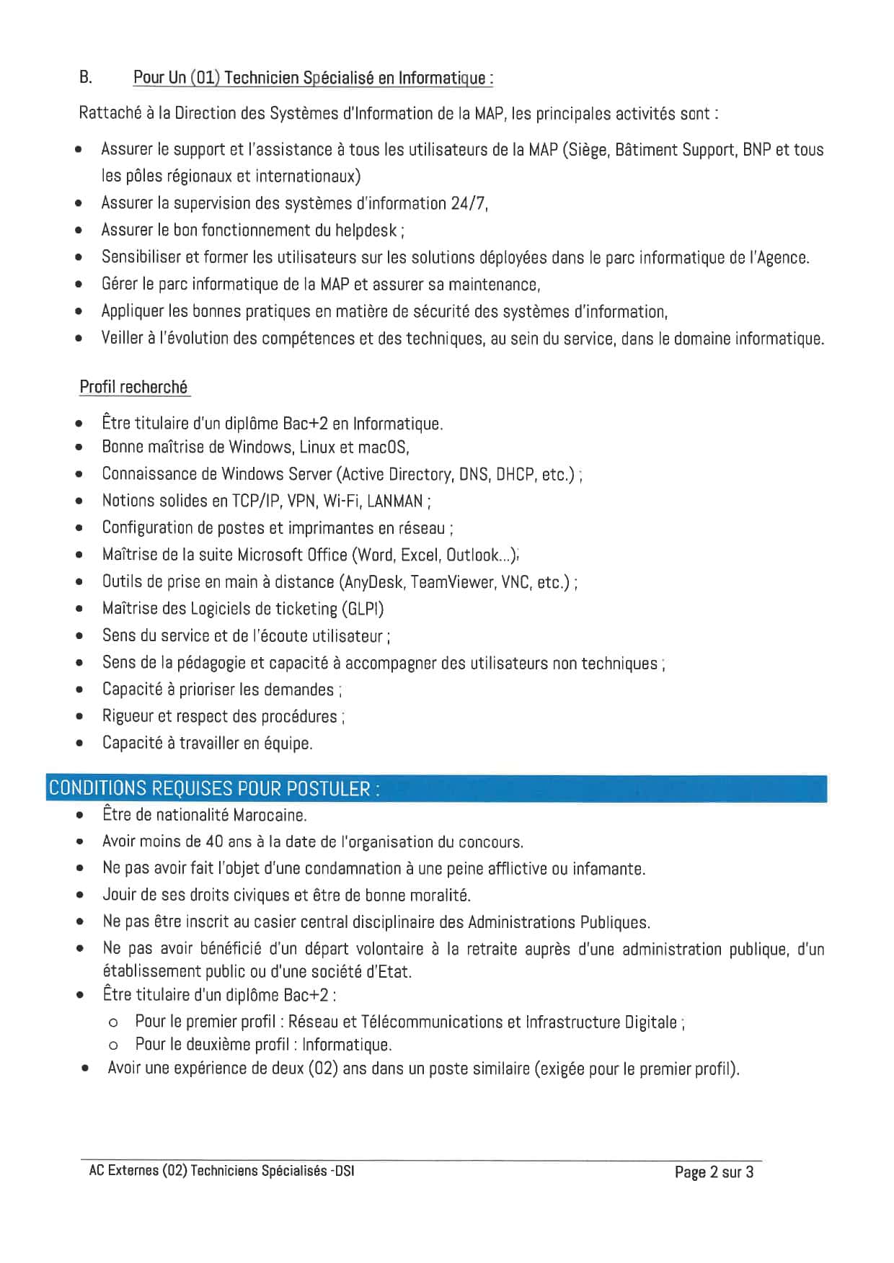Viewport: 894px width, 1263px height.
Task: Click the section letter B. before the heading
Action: [x=85, y=77]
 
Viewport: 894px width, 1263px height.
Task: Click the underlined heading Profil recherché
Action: [x=133, y=387]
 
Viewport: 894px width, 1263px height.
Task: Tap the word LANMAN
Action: [x=394, y=501]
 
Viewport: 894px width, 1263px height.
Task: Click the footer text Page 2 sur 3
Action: [x=714, y=1172]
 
